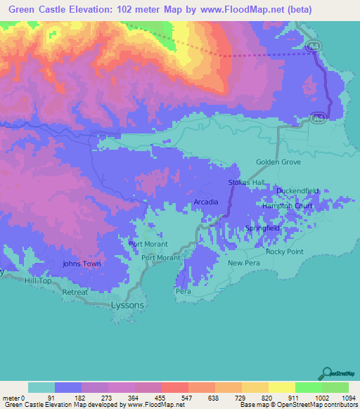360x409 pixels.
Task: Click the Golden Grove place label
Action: click(277, 162)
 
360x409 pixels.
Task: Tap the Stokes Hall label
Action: click(245, 183)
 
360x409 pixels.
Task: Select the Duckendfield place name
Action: click(297, 190)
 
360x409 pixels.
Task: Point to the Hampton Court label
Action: click(287, 206)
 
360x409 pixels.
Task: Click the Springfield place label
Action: click(263, 228)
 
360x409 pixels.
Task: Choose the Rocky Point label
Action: click(284, 251)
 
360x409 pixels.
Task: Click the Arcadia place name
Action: click(206, 202)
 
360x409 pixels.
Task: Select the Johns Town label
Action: click(82, 264)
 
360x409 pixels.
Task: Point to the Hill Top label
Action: click(39, 280)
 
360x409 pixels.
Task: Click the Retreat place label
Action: click(75, 292)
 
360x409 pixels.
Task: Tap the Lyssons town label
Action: click(128, 306)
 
